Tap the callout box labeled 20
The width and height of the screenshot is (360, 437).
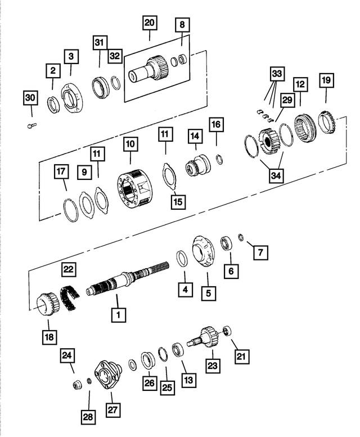tap(150, 23)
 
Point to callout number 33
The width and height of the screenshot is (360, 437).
tap(277, 74)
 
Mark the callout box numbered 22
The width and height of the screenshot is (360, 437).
tap(69, 271)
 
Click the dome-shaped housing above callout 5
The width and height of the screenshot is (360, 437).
tap(204, 251)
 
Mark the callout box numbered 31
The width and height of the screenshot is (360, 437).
tap(100, 43)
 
